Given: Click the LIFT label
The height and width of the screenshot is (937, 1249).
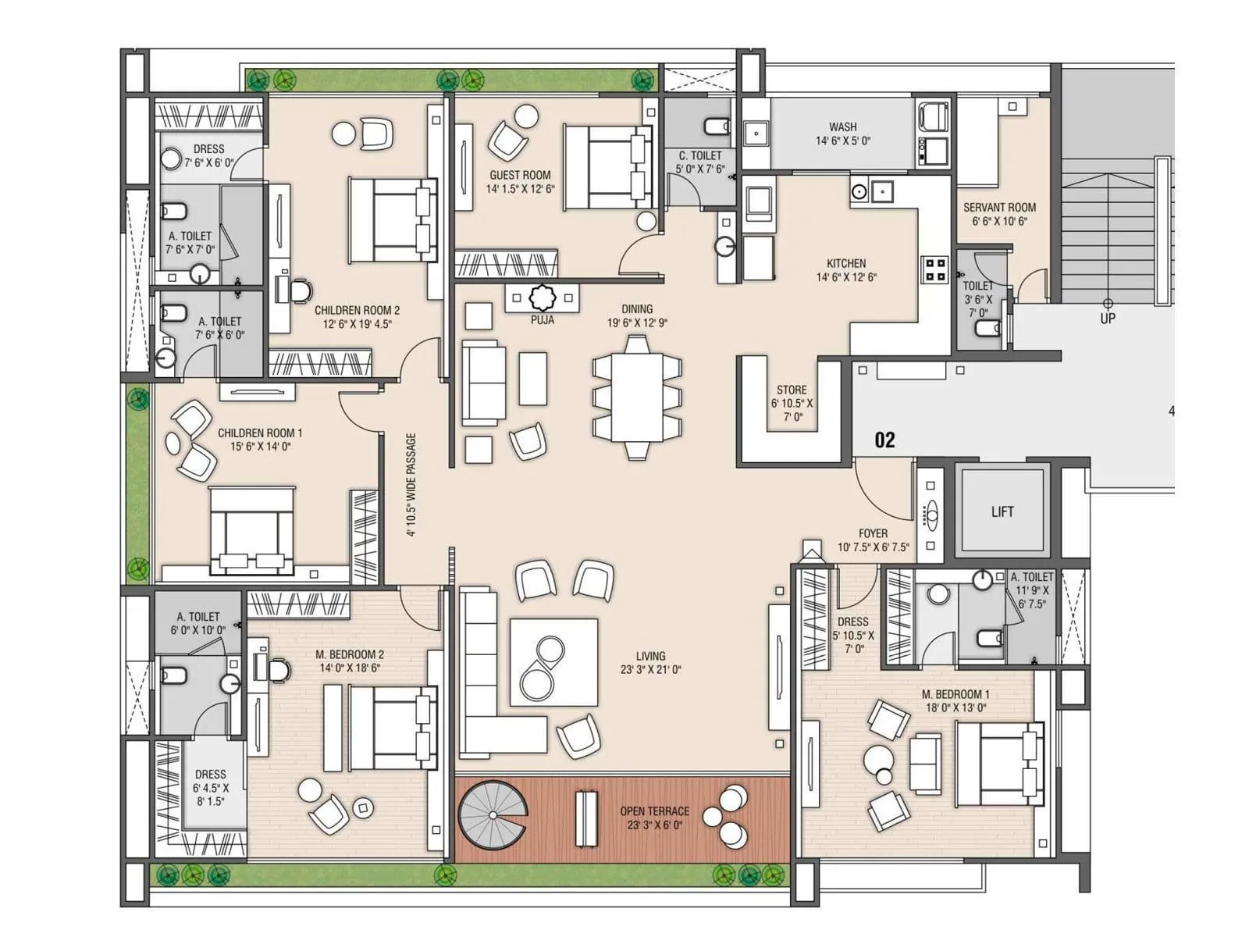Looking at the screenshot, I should pos(1002,512).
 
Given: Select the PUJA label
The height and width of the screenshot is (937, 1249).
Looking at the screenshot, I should pos(542,320).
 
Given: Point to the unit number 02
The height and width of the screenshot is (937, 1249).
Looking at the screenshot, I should pos(884,440).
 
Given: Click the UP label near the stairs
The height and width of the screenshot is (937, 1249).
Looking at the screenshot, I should pos(1107,319).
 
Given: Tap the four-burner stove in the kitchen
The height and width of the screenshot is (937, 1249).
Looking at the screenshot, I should pos(934,269).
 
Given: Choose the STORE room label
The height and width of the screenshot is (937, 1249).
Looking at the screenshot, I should pos(792,390).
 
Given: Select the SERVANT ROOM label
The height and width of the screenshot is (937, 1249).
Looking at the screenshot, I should pos(999,208).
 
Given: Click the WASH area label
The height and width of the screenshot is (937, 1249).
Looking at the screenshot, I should pos(842,126).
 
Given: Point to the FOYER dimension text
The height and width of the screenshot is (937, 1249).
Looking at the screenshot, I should pos(873,547).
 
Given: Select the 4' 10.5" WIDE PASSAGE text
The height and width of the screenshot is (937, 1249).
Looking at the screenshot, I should pos(411,486).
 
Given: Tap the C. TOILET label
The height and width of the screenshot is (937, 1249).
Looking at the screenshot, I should pos(700,155).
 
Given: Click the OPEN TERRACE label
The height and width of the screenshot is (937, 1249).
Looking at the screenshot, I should pos(654,811).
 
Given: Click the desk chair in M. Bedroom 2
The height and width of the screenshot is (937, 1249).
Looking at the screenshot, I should pos(279,669).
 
